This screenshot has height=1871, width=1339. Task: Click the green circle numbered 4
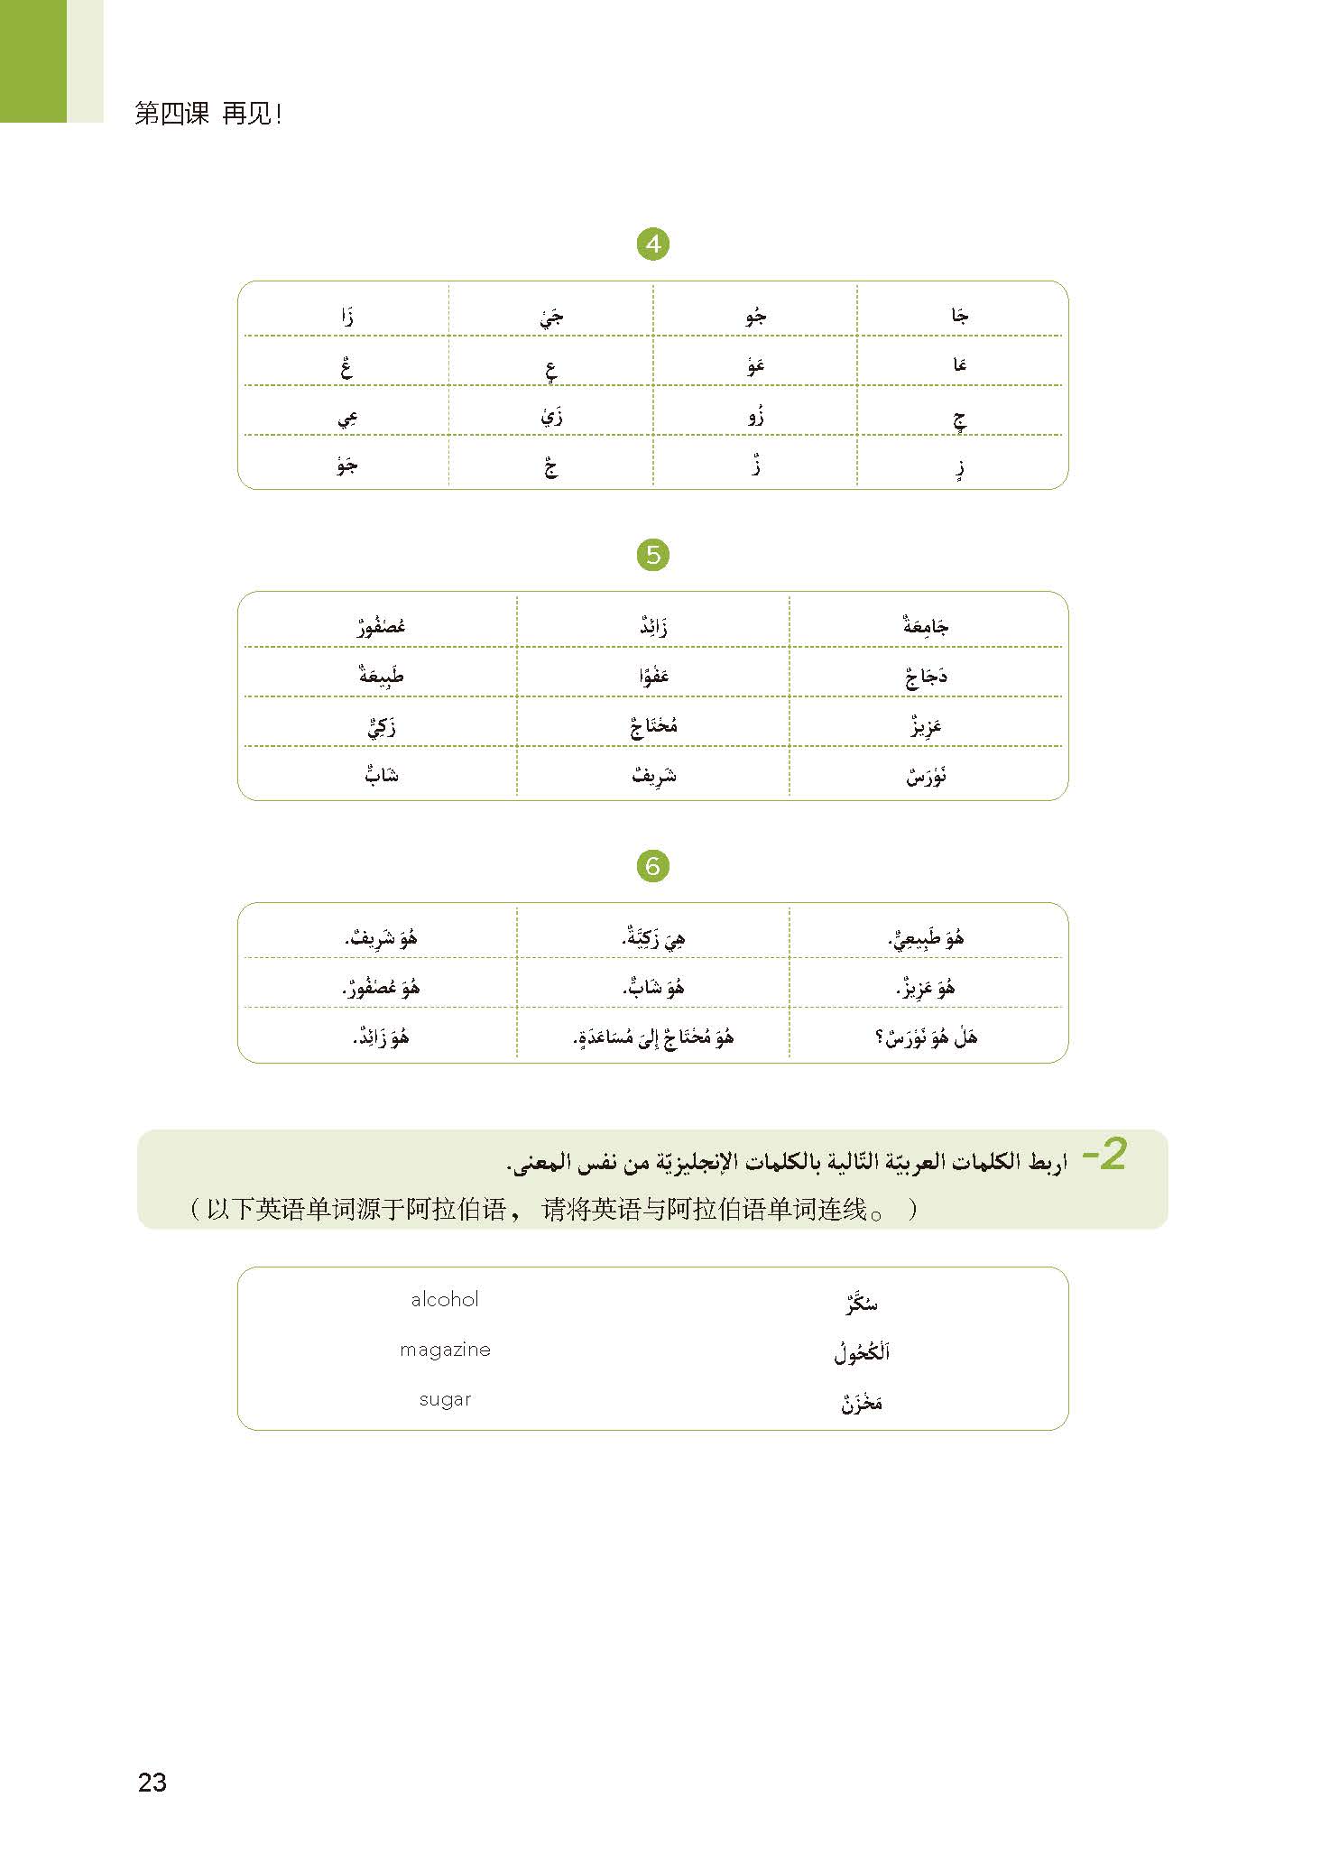pos(652,244)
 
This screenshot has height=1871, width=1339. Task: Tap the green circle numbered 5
pos(653,555)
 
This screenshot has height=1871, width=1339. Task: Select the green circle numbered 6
pos(652,866)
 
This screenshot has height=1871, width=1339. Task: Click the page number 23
pos(152,1782)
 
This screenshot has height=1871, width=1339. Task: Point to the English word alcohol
pos(444,1299)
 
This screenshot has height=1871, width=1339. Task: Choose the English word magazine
pos(445,1350)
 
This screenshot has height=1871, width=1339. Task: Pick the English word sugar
pos(445,1399)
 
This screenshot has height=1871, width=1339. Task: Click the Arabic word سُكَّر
pos(861,1303)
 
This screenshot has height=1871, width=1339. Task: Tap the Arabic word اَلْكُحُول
pos(862,1352)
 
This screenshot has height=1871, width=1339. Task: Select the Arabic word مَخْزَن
pos(862,1403)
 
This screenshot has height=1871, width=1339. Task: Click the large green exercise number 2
pos(1105,1155)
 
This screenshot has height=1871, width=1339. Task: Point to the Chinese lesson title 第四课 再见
pos(208,115)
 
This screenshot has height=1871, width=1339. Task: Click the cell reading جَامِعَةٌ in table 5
pos(926,624)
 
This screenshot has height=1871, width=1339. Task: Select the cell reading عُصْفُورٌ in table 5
pos(381,624)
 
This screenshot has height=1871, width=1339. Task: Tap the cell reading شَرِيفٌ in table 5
pos(654,775)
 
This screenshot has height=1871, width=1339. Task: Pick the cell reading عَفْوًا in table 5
pos(654,675)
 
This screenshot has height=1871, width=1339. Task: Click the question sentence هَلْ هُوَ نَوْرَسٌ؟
pos(926,1037)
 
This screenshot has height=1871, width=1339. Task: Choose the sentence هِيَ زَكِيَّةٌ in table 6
pos(653,938)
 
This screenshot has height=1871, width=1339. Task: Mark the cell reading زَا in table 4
pos(346,316)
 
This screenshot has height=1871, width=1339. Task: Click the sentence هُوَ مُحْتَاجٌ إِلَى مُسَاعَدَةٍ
pos(653,1037)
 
